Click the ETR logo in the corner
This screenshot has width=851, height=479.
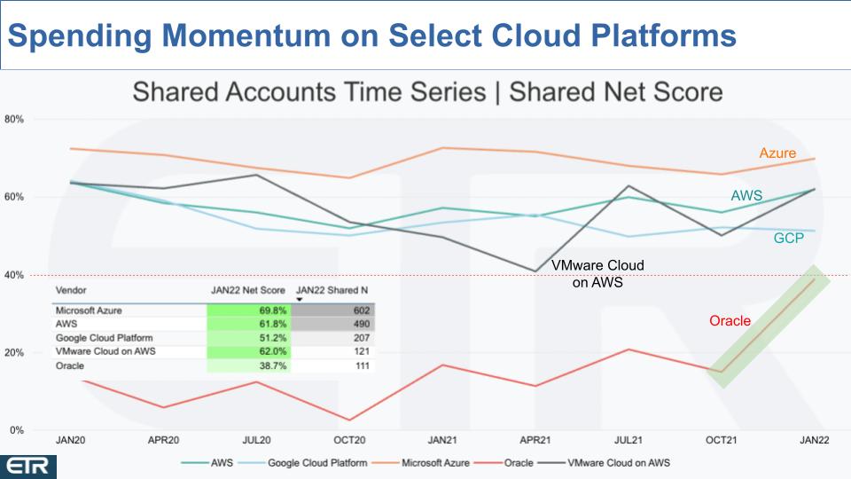point(27,467)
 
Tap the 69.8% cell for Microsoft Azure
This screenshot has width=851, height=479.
point(249,310)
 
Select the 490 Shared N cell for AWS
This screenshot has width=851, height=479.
point(332,325)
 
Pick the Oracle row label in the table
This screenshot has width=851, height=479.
point(70,366)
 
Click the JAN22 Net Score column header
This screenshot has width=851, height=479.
point(248,291)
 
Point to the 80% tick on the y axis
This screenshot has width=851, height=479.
point(13,119)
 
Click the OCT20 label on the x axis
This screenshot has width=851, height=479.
point(349,440)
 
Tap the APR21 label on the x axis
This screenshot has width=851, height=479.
point(535,440)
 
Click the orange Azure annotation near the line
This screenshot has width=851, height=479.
point(777,153)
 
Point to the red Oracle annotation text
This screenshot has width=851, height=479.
point(730,321)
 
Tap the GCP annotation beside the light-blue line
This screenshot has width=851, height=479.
point(789,238)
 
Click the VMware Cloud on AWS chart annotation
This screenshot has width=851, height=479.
point(597,274)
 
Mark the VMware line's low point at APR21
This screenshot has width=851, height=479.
point(535,271)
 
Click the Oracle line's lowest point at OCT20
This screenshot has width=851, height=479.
point(349,420)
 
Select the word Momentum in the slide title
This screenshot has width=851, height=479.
point(246,35)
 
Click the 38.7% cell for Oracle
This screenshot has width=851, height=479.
point(249,366)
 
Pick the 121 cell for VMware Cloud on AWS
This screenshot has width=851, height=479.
point(332,351)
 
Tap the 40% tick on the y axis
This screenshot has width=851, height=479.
point(13,275)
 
